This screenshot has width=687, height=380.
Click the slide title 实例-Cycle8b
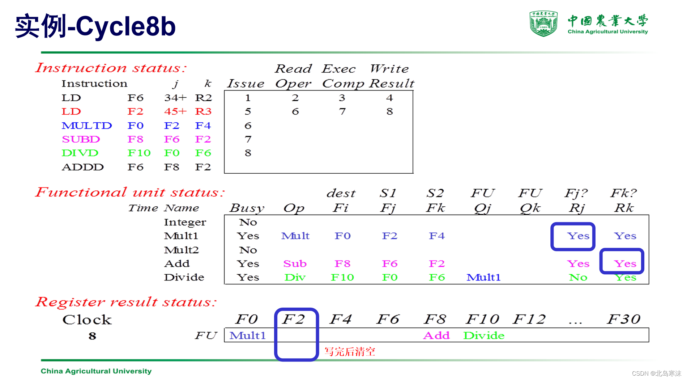(95, 26)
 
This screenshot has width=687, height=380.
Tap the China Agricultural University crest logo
(543, 24)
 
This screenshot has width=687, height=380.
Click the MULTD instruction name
(87, 126)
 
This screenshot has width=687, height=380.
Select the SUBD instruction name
(81, 139)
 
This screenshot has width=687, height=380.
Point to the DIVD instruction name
(80, 153)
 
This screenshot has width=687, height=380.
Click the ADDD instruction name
(83, 167)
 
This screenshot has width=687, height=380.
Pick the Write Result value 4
(389, 98)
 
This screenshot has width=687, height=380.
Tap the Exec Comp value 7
(342, 111)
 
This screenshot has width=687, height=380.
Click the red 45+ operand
(175, 111)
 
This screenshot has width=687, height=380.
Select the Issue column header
(246, 84)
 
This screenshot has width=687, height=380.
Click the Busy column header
(247, 208)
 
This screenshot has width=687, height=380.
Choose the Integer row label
(185, 222)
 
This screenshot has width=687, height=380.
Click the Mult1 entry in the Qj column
(483, 278)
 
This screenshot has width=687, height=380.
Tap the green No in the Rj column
(578, 278)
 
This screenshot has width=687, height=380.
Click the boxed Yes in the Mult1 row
(578, 236)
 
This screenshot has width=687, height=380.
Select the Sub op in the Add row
(295, 264)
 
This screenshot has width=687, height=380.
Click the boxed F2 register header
(294, 319)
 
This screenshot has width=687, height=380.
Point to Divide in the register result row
(484, 335)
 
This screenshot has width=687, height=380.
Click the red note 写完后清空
(350, 351)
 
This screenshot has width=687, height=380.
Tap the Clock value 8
(92, 336)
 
